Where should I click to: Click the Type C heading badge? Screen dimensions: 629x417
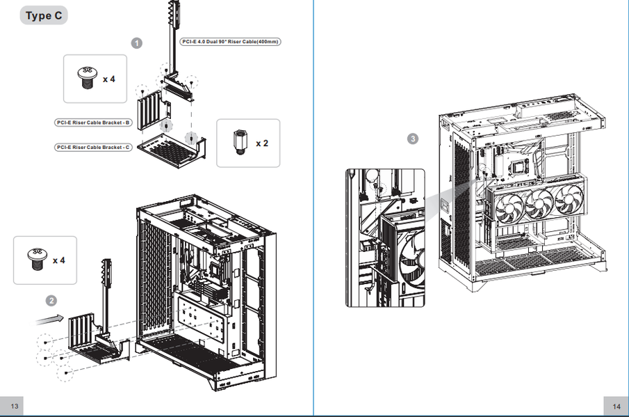(x=44, y=16)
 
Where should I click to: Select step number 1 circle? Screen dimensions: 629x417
(x=137, y=43)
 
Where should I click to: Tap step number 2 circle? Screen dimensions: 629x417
(x=51, y=301)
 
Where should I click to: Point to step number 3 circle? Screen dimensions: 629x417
(x=413, y=139)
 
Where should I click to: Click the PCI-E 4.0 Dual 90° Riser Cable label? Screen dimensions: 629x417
(x=230, y=41)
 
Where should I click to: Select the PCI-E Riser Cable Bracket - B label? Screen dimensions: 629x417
(x=93, y=123)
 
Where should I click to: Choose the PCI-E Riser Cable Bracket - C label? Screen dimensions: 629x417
(x=93, y=148)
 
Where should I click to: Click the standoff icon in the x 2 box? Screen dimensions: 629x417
(x=240, y=142)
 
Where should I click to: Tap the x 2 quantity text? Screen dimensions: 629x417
(x=262, y=143)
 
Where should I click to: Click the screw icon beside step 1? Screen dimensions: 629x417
(x=88, y=78)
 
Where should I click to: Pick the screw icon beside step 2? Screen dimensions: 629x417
(x=38, y=259)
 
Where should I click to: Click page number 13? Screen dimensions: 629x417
(x=15, y=406)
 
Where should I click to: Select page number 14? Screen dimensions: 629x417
(x=616, y=407)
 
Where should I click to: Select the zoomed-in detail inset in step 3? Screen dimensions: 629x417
(x=385, y=238)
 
